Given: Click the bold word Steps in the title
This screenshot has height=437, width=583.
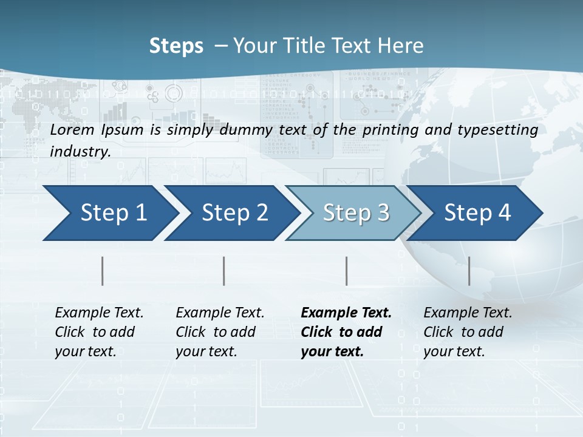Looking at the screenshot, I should pyautogui.click(x=176, y=46).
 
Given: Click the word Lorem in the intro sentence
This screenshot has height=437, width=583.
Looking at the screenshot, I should pyautogui.click(x=72, y=129).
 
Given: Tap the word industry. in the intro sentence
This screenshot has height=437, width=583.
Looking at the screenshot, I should pyautogui.click(x=80, y=152).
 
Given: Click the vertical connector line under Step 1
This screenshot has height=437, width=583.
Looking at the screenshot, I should pyautogui.click(x=103, y=271).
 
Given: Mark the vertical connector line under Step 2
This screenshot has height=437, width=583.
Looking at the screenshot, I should pyautogui.click(x=224, y=271).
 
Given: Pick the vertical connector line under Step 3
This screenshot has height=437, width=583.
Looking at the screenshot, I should pyautogui.click(x=346, y=271).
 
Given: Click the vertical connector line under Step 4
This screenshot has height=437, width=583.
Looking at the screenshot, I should pyautogui.click(x=469, y=271).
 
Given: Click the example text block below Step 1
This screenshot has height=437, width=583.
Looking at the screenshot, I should pyautogui.click(x=99, y=332).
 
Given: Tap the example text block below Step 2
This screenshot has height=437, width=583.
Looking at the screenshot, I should pyautogui.click(x=220, y=332).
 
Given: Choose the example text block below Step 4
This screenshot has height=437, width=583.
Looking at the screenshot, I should pyautogui.click(x=468, y=332).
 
